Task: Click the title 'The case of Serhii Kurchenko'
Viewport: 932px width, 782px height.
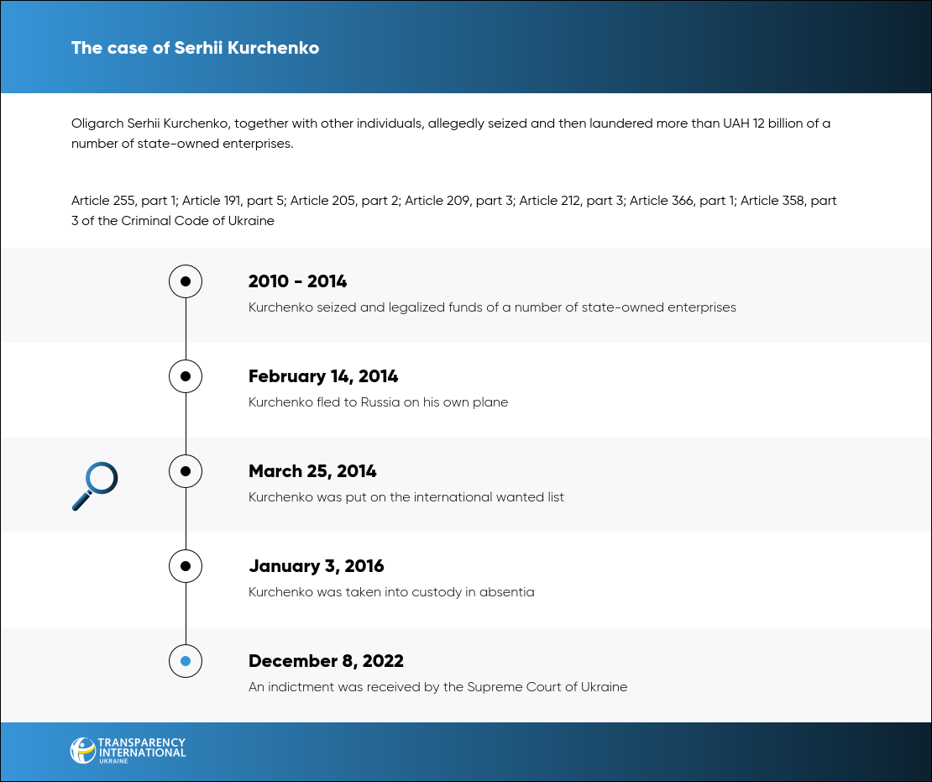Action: (x=195, y=48)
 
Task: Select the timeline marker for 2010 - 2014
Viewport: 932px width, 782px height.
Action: (x=186, y=281)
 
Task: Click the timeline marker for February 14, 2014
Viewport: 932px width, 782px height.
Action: (x=186, y=376)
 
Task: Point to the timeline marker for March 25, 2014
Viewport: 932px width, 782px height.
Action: (x=186, y=471)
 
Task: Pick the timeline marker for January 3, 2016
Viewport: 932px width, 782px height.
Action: (x=186, y=566)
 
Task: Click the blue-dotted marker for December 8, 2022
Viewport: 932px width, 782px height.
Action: (x=186, y=661)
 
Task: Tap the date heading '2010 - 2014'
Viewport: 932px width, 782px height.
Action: (x=298, y=281)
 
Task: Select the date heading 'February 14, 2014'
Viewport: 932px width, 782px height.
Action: (x=323, y=376)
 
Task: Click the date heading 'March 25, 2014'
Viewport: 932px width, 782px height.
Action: (x=312, y=471)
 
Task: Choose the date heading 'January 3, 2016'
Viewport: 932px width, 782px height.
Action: (x=317, y=566)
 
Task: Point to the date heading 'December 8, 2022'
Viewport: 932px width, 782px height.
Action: (x=326, y=661)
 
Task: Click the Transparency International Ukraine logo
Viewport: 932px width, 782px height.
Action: (x=128, y=750)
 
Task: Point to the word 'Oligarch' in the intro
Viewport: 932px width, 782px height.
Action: (x=97, y=123)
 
